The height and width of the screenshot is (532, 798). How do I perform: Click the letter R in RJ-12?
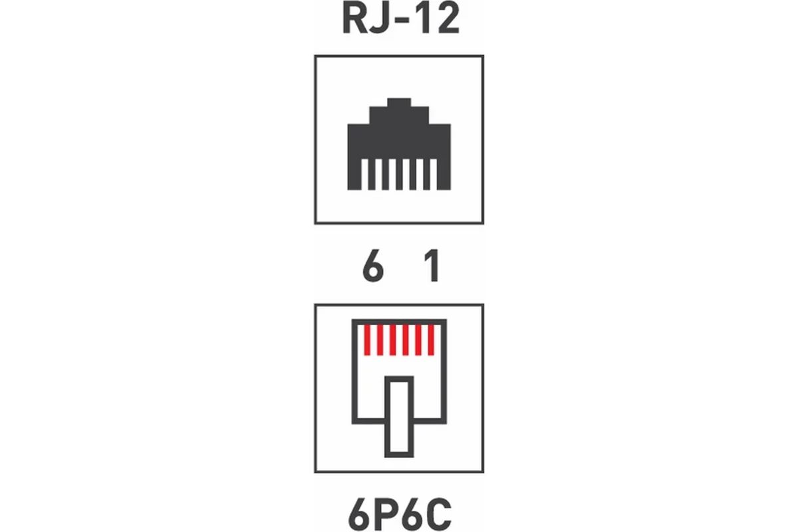(355, 19)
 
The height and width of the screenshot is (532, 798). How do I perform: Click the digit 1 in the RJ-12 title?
(424, 19)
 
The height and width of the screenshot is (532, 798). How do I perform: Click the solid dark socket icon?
(399, 144)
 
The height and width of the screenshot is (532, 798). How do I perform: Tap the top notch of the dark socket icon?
(399, 102)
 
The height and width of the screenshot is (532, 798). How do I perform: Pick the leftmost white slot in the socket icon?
(365, 174)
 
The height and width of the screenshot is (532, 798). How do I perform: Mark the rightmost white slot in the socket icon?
(434, 174)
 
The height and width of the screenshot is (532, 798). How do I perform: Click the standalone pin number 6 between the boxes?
(373, 266)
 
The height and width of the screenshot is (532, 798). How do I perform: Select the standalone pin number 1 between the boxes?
(432, 266)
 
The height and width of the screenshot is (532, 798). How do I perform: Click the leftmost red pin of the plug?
(367, 340)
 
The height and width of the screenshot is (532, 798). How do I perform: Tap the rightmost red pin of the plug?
(431, 340)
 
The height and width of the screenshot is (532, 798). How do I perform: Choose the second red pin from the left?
(380, 340)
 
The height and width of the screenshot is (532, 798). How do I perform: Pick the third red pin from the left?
(392, 340)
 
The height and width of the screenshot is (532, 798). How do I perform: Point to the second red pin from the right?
(418, 340)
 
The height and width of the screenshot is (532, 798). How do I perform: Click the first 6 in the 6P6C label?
(359, 515)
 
